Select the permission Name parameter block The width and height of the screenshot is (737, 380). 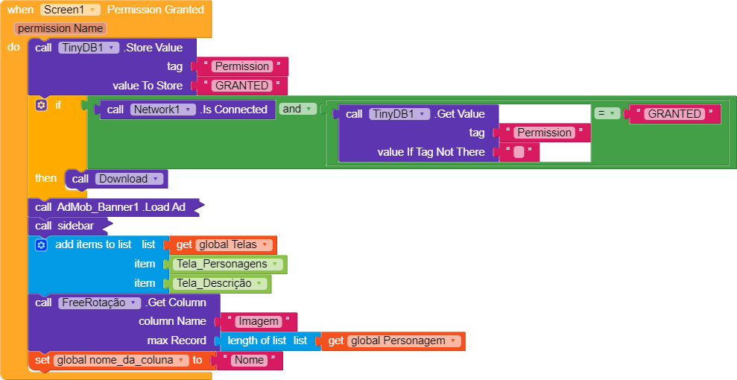[60, 28]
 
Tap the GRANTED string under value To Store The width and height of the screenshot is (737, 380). [242, 86]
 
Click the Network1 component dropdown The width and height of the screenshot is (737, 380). [162, 110]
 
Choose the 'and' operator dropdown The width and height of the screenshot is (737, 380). [297, 109]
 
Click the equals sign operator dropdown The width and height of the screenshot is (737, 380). [607, 113]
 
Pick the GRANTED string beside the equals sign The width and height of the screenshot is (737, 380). [674, 114]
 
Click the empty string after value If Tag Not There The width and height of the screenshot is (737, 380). [519, 152]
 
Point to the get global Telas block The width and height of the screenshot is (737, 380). [222, 244]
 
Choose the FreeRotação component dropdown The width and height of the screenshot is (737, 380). [99, 303]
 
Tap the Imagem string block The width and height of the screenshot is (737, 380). [258, 322]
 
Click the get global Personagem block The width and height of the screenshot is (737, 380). [390, 341]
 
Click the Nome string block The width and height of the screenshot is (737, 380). [249, 361]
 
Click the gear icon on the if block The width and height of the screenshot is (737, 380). [42, 105]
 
